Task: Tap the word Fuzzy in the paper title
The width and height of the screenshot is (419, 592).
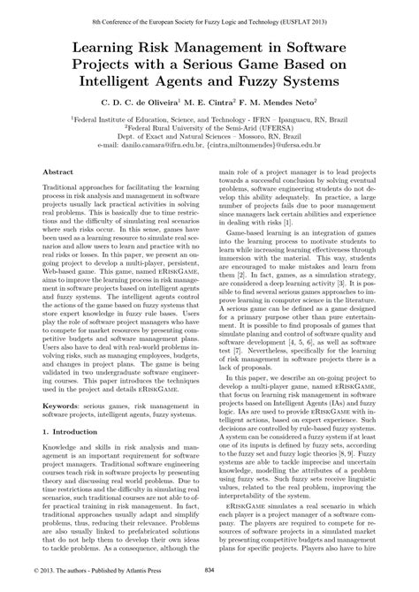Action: pyautogui.click(x=272, y=80)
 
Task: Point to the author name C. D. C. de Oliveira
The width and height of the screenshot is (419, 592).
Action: pyautogui.click(x=144, y=104)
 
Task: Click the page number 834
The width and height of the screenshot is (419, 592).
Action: pyautogui.click(x=210, y=582)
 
